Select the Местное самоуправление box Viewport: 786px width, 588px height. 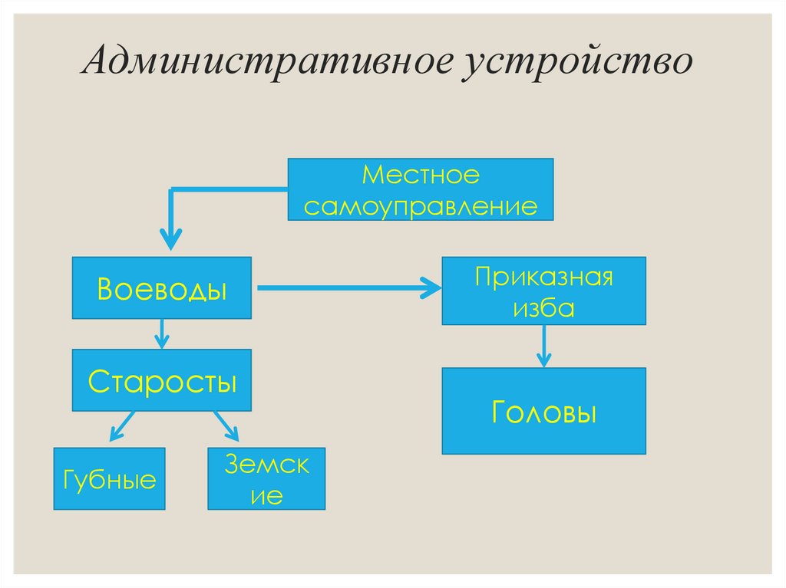click(x=420, y=189)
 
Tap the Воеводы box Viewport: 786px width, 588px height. click(x=162, y=287)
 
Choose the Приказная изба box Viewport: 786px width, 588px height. click(x=543, y=291)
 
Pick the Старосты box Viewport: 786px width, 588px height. click(x=162, y=380)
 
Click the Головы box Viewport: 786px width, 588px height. click(x=543, y=411)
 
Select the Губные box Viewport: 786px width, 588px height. click(x=109, y=479)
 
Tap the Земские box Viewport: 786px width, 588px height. click(x=266, y=479)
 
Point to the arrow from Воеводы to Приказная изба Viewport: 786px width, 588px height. click(x=345, y=288)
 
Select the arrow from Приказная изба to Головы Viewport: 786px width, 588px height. click(x=543, y=346)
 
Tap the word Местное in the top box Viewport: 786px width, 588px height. click(x=421, y=176)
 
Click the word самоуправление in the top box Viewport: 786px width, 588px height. click(x=420, y=205)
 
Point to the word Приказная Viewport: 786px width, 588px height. click(x=543, y=276)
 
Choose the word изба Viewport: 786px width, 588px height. click(x=543, y=308)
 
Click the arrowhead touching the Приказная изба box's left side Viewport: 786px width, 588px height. click(x=433, y=288)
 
